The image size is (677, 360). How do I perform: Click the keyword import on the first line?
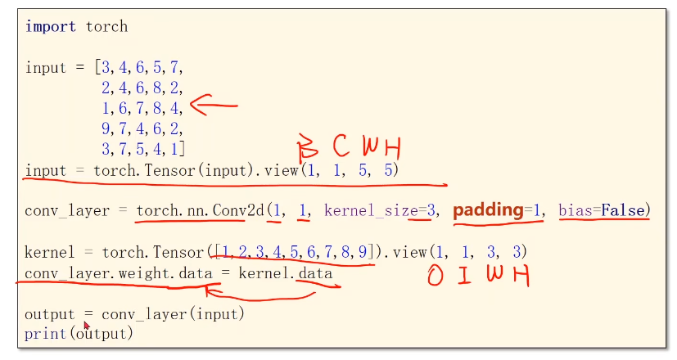52,26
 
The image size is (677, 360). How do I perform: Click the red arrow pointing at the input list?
213,105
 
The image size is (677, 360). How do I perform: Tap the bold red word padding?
488,210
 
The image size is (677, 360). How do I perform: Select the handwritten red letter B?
307,150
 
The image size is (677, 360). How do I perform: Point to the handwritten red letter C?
341,147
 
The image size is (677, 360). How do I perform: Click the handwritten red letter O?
436,277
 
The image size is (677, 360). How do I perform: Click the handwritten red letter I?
464,277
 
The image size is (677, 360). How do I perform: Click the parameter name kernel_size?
371,211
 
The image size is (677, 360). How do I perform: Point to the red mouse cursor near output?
87,326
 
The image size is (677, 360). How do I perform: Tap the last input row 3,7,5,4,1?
143,149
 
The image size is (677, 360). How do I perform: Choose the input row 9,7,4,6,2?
142,128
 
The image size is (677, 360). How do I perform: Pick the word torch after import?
107,26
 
